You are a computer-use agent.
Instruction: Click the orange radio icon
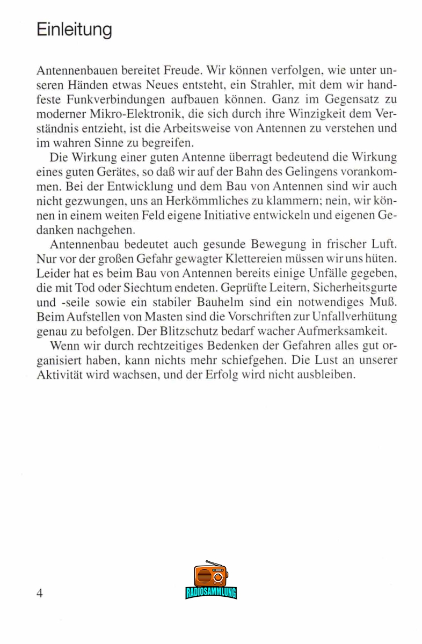(211, 575)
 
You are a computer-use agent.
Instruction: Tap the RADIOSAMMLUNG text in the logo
(211, 592)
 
